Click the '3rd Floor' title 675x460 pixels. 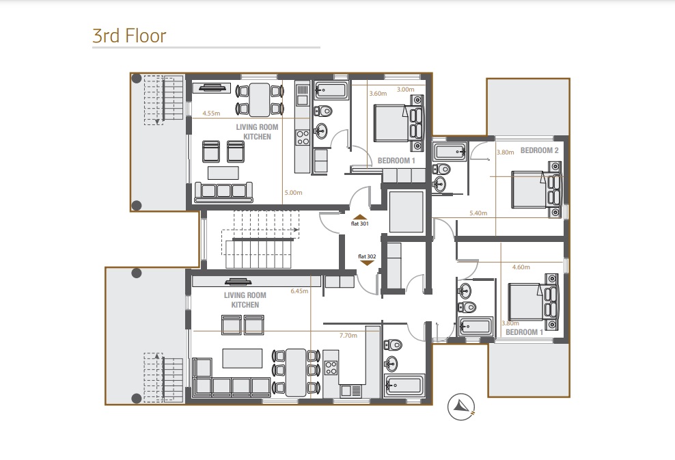(129, 36)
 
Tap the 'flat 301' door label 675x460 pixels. (359, 223)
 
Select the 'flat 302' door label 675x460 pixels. (367, 256)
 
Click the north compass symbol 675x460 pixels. (462, 407)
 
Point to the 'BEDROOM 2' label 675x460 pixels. (540, 150)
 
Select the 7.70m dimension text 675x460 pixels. (349, 336)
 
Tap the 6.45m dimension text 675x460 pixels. (299, 290)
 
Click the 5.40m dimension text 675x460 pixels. (478, 213)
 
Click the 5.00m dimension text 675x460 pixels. (294, 193)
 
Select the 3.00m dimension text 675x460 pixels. (406, 90)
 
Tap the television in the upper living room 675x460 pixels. (210, 87)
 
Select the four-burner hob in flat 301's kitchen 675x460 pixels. (302, 138)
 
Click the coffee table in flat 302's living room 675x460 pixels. (243, 358)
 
